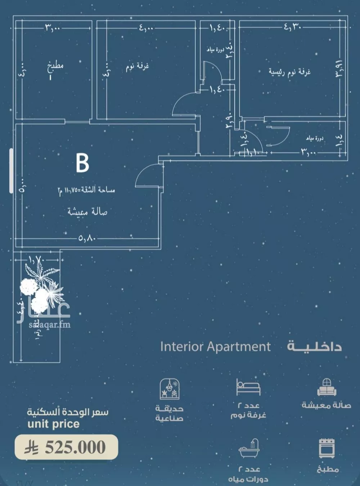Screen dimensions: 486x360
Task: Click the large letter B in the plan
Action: tap(82, 163)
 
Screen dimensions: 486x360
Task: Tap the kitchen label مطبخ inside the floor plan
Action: tap(55, 66)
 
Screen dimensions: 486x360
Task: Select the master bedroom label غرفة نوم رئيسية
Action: tap(289, 72)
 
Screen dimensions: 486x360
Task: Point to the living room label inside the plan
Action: tap(87, 211)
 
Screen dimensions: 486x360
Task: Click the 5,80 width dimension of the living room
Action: tap(87, 238)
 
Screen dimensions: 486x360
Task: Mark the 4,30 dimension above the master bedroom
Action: tap(292, 26)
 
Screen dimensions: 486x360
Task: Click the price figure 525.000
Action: tap(75, 447)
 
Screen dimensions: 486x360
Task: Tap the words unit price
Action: tap(53, 424)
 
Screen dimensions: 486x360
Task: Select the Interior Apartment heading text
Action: tap(215, 347)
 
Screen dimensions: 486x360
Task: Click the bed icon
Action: tap(248, 387)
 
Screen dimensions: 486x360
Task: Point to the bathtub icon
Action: tap(249, 448)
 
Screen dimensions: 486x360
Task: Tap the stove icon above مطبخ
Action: tap(327, 448)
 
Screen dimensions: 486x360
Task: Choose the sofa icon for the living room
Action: tap(327, 388)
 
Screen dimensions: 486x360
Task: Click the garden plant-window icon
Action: tap(169, 388)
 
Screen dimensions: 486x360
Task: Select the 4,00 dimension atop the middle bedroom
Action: tap(147, 27)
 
